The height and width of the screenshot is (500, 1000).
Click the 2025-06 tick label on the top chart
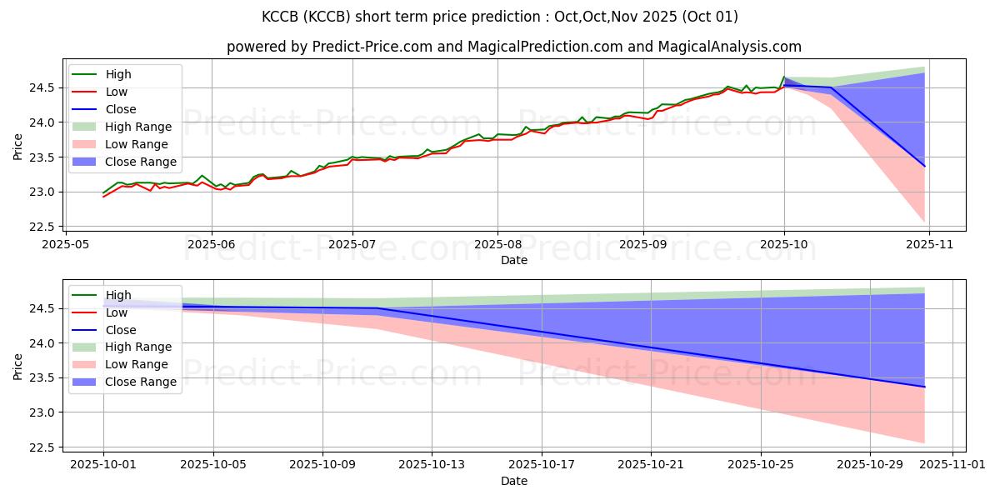(x=212, y=245)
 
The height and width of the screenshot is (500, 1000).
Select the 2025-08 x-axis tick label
(x=497, y=245)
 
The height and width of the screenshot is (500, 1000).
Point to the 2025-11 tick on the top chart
(x=929, y=245)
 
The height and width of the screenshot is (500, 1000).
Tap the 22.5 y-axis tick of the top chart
(x=46, y=227)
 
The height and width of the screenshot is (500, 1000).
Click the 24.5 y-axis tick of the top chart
(x=46, y=87)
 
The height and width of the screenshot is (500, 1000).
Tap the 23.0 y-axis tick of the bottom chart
(x=46, y=412)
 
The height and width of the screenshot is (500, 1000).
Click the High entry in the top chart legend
(x=118, y=74)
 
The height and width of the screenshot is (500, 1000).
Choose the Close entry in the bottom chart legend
(x=121, y=329)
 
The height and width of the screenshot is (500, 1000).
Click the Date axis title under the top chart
(x=514, y=260)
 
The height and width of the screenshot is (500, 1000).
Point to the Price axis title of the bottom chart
(x=18, y=366)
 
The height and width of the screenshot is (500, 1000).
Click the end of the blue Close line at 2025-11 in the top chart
(x=924, y=166)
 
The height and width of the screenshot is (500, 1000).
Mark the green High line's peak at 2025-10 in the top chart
(x=784, y=77)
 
